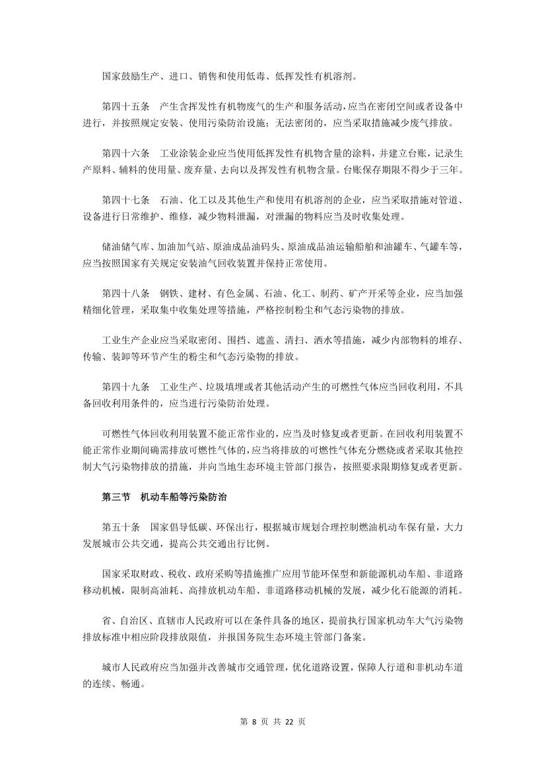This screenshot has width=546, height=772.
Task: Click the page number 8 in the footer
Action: [x=254, y=721]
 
